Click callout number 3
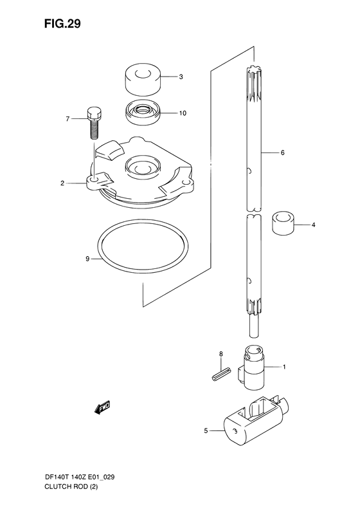click(x=181, y=77)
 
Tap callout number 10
click(x=183, y=113)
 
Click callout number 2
click(x=62, y=183)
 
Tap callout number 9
click(x=69, y=259)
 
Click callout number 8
click(x=221, y=353)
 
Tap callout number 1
click(x=284, y=367)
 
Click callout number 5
click(x=206, y=432)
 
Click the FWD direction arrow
click(x=102, y=407)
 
